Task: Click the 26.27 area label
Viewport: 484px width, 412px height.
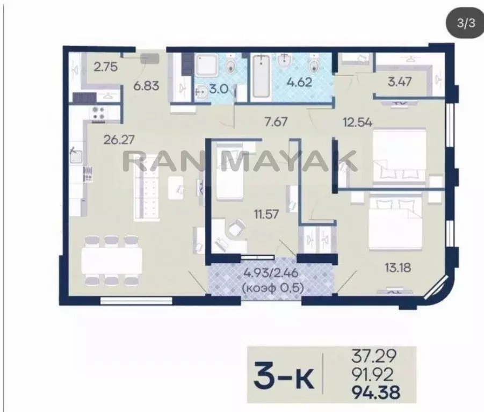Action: tap(119, 140)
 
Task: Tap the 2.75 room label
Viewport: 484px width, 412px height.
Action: tap(106, 67)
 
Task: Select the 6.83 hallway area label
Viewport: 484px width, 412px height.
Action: tap(146, 85)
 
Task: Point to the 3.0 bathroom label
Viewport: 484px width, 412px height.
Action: tap(219, 90)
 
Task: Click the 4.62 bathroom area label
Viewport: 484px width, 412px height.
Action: tap(299, 82)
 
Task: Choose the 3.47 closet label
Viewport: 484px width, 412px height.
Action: tap(400, 82)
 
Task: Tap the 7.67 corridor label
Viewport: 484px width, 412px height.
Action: tap(276, 121)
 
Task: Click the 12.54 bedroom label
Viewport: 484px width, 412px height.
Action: tap(358, 122)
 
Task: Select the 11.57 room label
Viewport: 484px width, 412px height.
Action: tap(266, 214)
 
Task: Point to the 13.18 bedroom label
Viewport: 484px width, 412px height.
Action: tap(398, 268)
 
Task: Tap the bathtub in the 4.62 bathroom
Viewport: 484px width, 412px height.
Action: tap(261, 76)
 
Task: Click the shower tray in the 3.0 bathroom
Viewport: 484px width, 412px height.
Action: tap(206, 65)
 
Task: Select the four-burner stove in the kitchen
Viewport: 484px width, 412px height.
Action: tap(99, 112)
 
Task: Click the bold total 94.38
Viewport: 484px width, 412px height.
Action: tap(376, 393)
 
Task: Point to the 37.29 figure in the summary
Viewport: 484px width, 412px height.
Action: tap(374, 357)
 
